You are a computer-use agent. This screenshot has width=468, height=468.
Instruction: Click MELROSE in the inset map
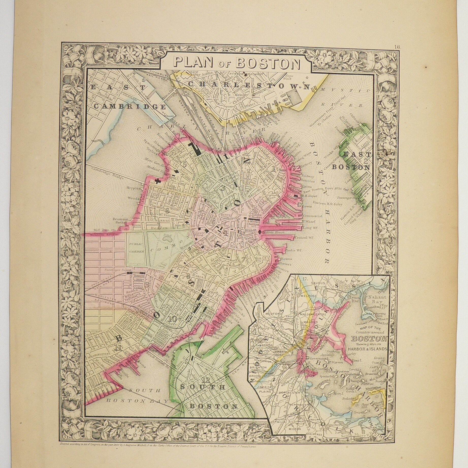[x=308, y=296]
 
